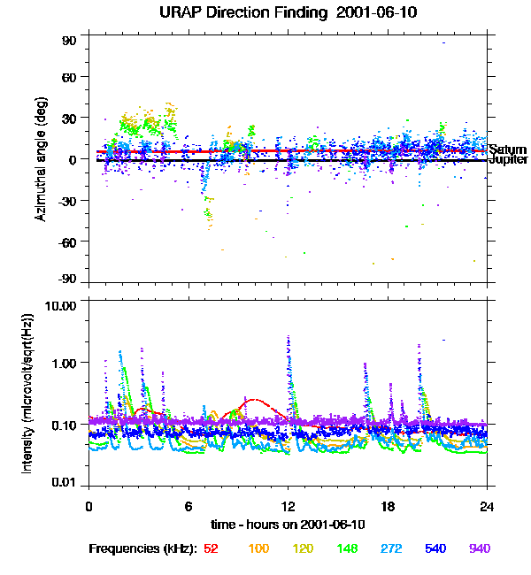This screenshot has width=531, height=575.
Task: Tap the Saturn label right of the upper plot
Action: pyautogui.click(x=507, y=149)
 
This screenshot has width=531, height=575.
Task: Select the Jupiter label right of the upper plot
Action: pyautogui.click(x=508, y=161)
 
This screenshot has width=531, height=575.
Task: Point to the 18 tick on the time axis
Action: pyautogui.click(x=388, y=507)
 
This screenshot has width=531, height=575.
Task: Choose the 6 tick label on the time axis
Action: pyautogui.click(x=189, y=507)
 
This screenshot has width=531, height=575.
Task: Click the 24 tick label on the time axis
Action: pyautogui.click(x=488, y=507)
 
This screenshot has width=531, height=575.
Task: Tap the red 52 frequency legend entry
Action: pyautogui.click(x=211, y=548)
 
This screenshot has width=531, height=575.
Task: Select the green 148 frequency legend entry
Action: pyautogui.click(x=344, y=548)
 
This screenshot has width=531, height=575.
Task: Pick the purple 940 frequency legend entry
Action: pyautogui.click(x=479, y=548)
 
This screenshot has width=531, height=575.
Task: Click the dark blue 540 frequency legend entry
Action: pyautogui.click(x=435, y=548)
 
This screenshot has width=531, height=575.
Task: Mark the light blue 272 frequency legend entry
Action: pyautogui.click(x=389, y=548)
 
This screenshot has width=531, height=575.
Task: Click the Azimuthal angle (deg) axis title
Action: pyautogui.click(x=40, y=159)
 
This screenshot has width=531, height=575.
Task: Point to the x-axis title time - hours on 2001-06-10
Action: pyautogui.click(x=289, y=525)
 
